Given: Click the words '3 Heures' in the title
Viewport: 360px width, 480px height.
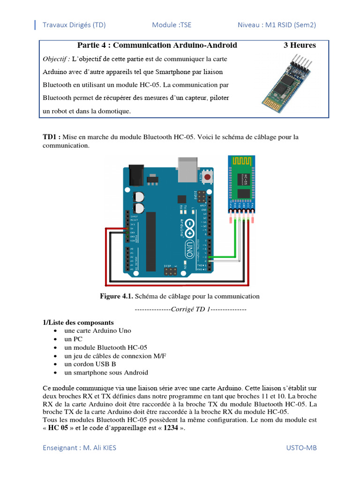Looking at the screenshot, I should coord(300,45).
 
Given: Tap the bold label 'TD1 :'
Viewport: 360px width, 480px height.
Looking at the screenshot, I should coord(52,137).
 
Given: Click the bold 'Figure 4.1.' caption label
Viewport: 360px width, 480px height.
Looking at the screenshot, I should coord(117,296).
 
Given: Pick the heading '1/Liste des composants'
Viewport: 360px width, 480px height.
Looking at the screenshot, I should coord(78,322).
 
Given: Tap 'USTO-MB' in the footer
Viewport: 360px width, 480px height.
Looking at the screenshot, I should coord(301,448).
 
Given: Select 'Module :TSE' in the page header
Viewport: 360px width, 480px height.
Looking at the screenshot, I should coord(172,25).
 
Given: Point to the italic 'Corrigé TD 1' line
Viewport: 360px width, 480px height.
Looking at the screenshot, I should coord(190,309).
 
